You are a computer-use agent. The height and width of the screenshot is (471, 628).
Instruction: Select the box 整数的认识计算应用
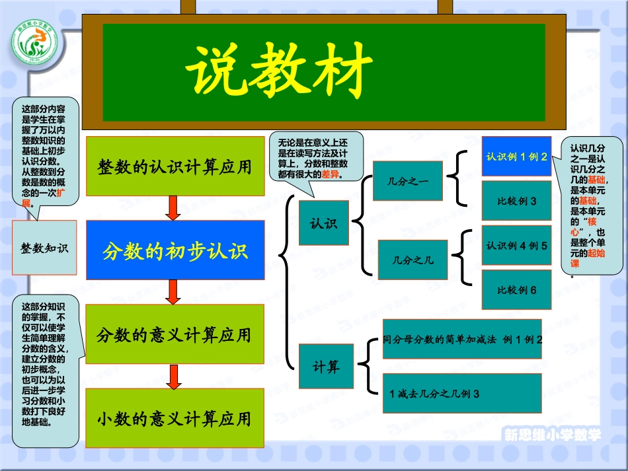(x=175, y=166)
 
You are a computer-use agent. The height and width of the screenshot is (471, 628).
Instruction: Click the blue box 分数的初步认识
(x=175, y=250)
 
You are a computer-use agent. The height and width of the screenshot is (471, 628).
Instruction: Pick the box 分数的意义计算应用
(x=175, y=334)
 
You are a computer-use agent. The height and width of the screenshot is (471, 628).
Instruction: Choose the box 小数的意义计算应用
(x=175, y=418)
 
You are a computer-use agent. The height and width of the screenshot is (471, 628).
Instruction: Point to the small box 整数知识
(x=44, y=248)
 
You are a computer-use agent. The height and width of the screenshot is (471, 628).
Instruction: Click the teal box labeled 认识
(x=323, y=223)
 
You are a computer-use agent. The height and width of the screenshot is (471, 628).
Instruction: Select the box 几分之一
(x=407, y=180)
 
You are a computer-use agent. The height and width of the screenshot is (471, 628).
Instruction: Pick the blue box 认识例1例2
(x=516, y=157)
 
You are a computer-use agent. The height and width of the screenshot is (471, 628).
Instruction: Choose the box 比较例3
(x=516, y=201)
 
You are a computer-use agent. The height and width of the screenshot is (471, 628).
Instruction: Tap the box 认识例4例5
(x=516, y=246)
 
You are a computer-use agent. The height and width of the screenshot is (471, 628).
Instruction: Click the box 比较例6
(x=516, y=289)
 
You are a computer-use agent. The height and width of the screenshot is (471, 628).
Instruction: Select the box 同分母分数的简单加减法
(x=462, y=340)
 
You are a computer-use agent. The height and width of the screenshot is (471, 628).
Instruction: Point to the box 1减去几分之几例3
(x=462, y=394)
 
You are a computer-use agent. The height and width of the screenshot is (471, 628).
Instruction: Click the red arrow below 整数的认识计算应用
(x=174, y=207)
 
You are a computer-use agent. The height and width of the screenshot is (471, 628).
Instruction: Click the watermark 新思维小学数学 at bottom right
(x=553, y=435)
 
